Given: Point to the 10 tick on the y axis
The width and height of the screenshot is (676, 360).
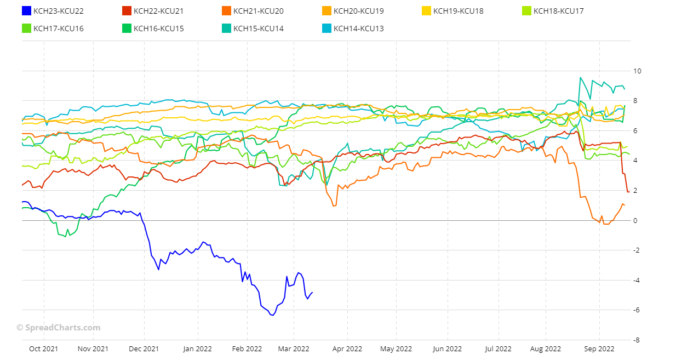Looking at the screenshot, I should coord(637,71).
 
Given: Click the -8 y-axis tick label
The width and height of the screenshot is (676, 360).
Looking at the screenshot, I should coord(637,340).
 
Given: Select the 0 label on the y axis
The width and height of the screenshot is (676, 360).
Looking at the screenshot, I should coord(635,221).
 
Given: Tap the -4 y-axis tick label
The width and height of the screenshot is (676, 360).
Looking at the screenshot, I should coord(637,281).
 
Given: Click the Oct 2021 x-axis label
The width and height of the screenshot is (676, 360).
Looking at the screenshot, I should coord(43,348).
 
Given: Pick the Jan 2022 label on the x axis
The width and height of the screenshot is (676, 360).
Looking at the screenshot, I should coord(197,348).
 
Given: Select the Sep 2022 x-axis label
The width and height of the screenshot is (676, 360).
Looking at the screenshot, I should coord(599,348).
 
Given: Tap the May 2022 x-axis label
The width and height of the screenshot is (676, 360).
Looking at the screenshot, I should coord(396,348).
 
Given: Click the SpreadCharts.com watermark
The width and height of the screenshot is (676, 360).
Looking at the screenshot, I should coord(58,328).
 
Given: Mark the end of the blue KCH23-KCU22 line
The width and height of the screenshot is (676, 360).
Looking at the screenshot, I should coord(312,292).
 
